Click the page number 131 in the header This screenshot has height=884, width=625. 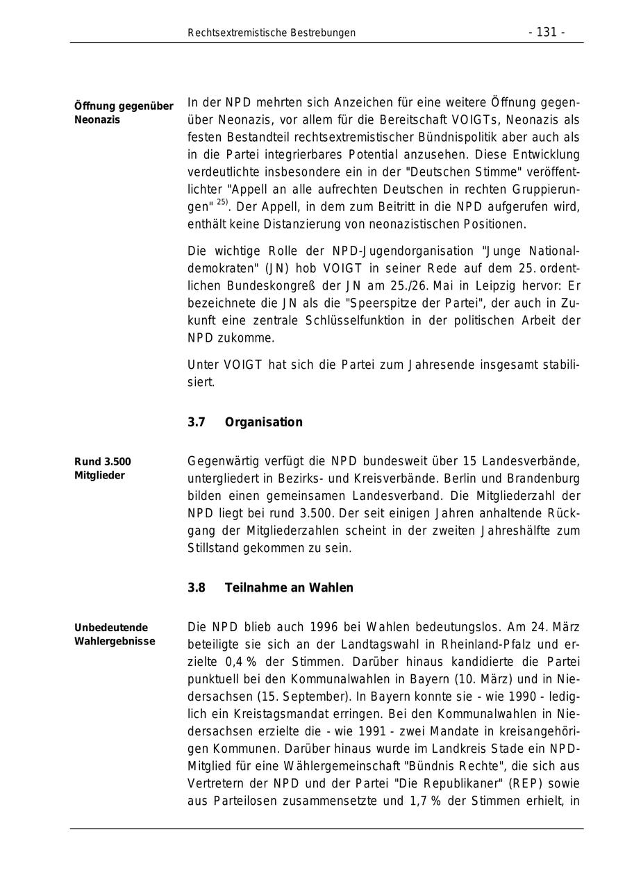[x=547, y=33]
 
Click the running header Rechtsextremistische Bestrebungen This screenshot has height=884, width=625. [x=272, y=33]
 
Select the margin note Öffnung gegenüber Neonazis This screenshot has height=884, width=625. [x=124, y=112]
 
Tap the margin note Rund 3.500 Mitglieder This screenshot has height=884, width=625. [x=103, y=469]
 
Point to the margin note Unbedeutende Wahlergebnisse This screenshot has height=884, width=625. [x=115, y=634]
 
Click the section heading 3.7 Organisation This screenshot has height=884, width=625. [x=245, y=422]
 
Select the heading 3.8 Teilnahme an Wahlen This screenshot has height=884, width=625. [x=270, y=587]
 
